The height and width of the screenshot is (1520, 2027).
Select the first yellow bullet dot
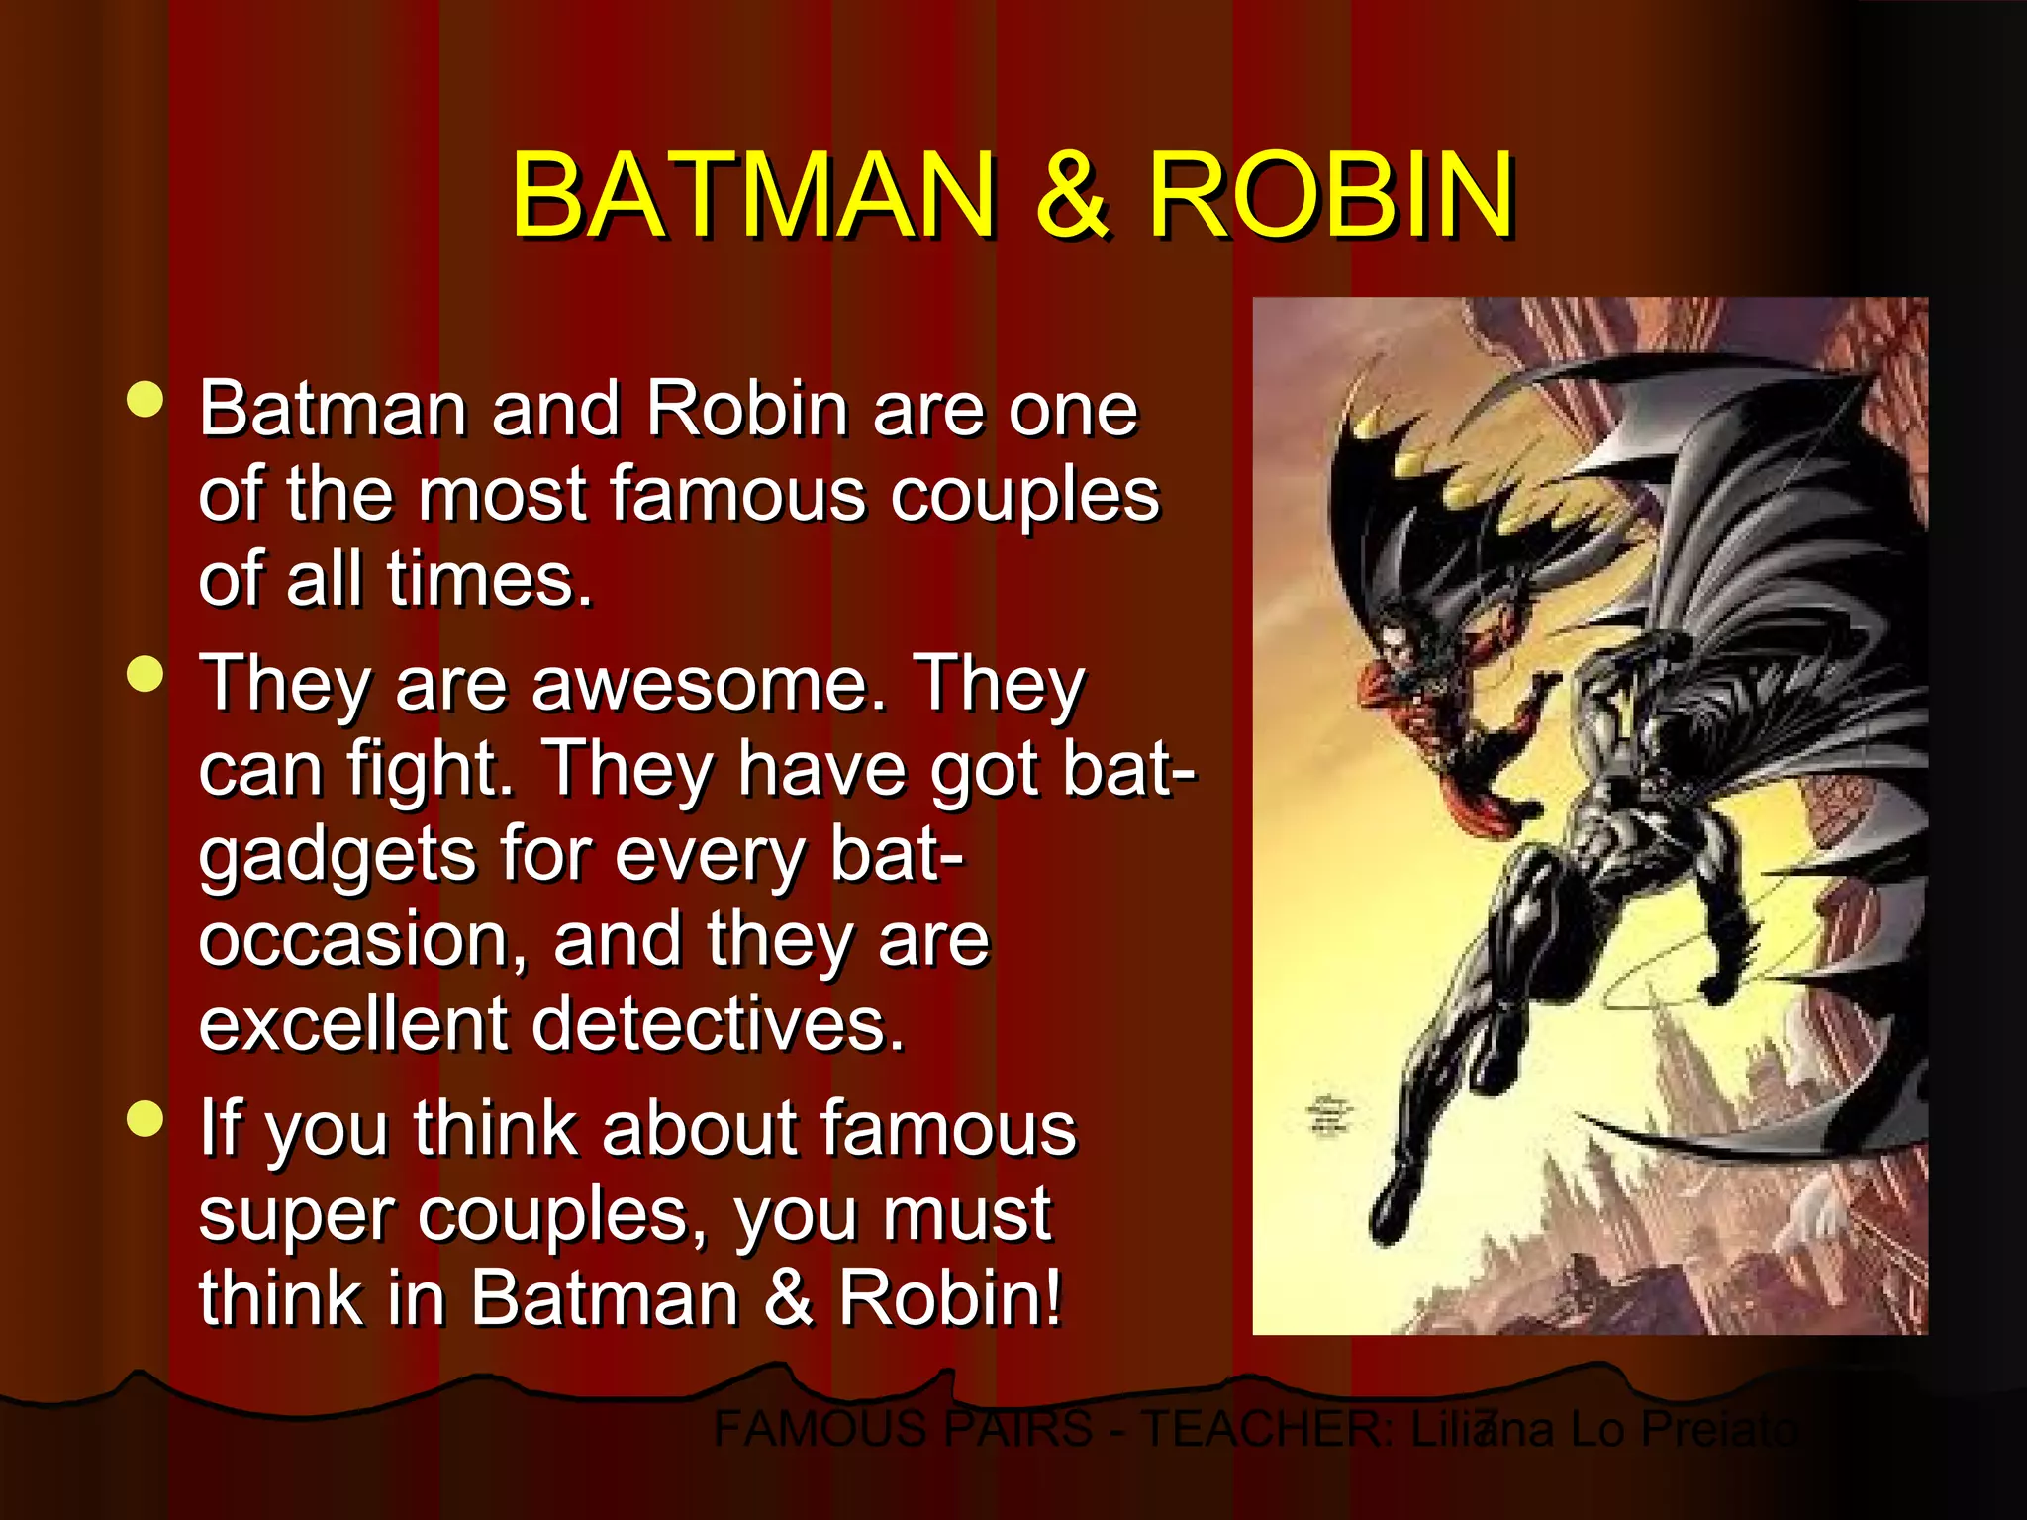point(145,401)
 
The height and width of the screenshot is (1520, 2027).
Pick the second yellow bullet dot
point(145,675)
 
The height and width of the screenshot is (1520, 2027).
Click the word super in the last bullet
point(296,1216)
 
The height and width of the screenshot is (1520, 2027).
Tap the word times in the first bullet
point(490,579)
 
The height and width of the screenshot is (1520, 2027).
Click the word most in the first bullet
point(502,494)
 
